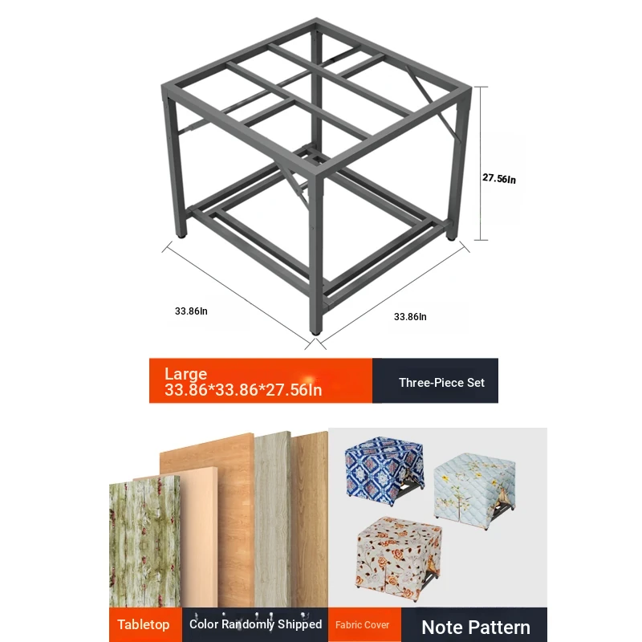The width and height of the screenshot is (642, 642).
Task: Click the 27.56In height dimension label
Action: [x=498, y=178]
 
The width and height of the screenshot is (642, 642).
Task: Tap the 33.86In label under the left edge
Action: [x=191, y=311]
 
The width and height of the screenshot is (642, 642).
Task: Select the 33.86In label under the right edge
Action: [x=410, y=316]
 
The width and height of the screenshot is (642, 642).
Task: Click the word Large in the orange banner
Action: [x=186, y=374]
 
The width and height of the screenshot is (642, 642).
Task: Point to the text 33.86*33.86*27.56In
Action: [x=243, y=390]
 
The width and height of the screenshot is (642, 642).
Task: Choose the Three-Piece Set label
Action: [x=442, y=383]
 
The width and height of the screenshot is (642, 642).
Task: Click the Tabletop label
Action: [x=144, y=624]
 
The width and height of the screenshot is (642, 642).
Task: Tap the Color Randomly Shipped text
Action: [x=255, y=624]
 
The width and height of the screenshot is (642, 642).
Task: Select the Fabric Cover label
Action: [x=363, y=625]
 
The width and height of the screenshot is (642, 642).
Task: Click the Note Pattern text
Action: [x=476, y=627]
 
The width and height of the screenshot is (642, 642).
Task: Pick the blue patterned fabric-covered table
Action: [x=384, y=470]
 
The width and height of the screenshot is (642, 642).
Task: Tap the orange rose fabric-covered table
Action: [x=399, y=558]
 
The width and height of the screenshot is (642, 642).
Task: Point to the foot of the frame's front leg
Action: [x=315, y=331]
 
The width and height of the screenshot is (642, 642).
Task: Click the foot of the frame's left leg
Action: [x=181, y=235]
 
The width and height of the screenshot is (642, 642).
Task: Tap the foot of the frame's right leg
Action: [x=451, y=237]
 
